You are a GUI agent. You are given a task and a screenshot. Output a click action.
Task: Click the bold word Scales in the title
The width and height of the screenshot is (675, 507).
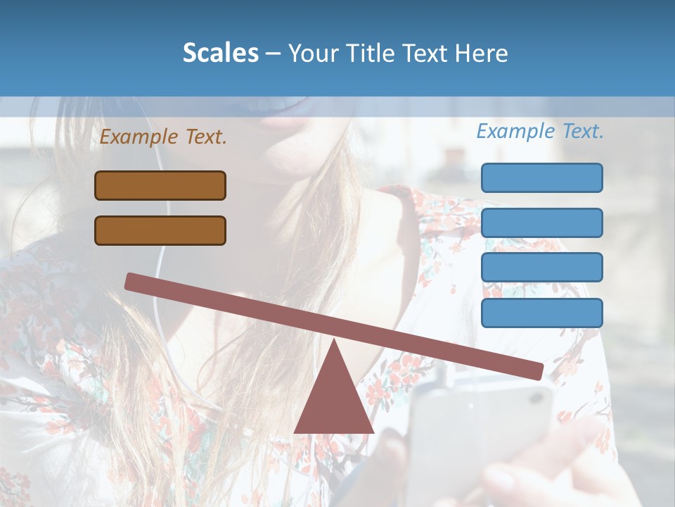tap(220, 53)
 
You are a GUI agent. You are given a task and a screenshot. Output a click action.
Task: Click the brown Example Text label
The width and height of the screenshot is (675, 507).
tap(163, 137)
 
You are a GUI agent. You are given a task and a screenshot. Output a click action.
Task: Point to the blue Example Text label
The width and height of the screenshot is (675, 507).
tap(540, 131)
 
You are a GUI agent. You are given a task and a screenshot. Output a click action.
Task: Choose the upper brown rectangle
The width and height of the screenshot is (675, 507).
tap(160, 185)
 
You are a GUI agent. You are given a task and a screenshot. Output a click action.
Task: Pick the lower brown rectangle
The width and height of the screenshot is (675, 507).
tap(160, 230)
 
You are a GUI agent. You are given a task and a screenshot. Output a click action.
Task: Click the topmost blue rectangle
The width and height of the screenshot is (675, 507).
tap(541, 177)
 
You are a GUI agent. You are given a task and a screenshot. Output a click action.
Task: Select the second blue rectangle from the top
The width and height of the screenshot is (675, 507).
tap(541, 223)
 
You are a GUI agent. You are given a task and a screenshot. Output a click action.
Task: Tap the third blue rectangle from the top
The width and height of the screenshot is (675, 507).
tap(541, 268)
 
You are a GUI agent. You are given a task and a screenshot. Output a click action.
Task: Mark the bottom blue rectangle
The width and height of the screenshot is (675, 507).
tap(541, 313)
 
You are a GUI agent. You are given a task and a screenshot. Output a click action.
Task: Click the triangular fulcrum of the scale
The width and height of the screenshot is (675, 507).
tap(333, 398)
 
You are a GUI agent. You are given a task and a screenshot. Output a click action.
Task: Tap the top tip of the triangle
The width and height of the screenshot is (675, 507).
tap(333, 341)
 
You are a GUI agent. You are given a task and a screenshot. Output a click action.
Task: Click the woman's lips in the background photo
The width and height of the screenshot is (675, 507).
tap(288, 113)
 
